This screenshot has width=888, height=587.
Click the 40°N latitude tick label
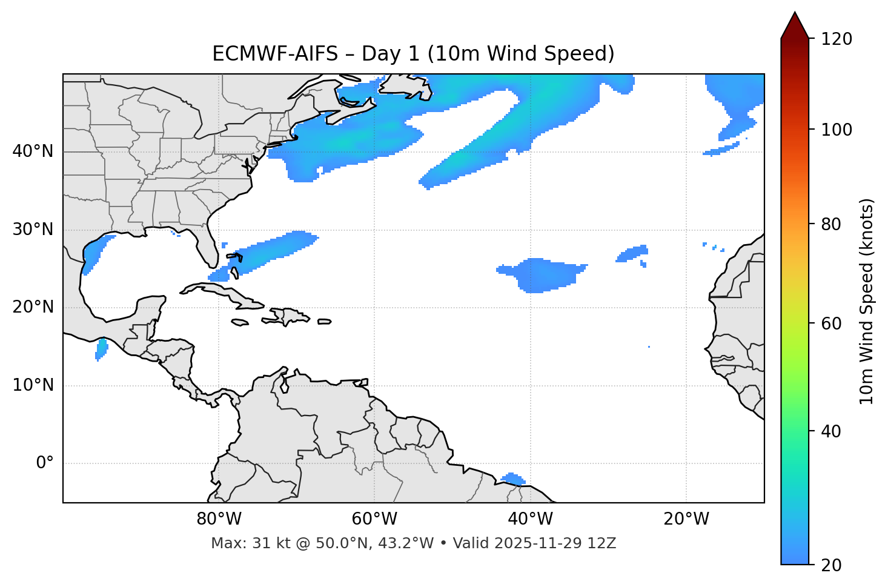point(33,151)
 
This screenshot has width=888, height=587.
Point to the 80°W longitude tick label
point(219,519)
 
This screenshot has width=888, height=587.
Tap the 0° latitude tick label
point(45,463)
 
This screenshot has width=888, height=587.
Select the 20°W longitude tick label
point(686,519)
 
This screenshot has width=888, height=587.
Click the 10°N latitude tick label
point(33,385)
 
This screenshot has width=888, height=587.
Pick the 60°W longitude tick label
point(374,519)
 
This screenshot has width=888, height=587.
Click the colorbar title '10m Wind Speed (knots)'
point(867,302)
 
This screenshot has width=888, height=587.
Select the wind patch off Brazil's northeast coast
point(513,479)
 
